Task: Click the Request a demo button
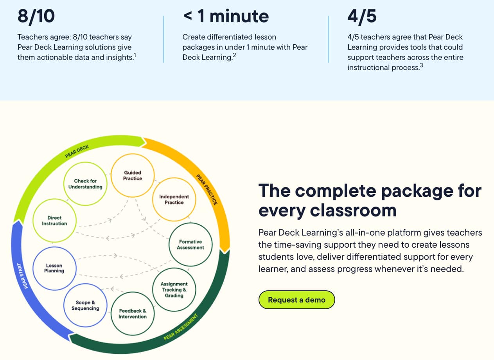click(x=296, y=300)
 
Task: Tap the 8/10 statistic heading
click(x=36, y=16)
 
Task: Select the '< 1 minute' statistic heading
click(x=226, y=16)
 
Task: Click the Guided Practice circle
click(x=133, y=175)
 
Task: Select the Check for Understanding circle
click(x=85, y=184)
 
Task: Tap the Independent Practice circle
click(x=174, y=200)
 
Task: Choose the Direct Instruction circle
click(x=55, y=221)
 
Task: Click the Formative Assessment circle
click(x=190, y=245)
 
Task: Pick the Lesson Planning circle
click(x=54, y=268)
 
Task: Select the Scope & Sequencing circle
click(x=85, y=305)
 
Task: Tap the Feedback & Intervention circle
click(x=133, y=313)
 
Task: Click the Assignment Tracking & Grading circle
click(x=174, y=290)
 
